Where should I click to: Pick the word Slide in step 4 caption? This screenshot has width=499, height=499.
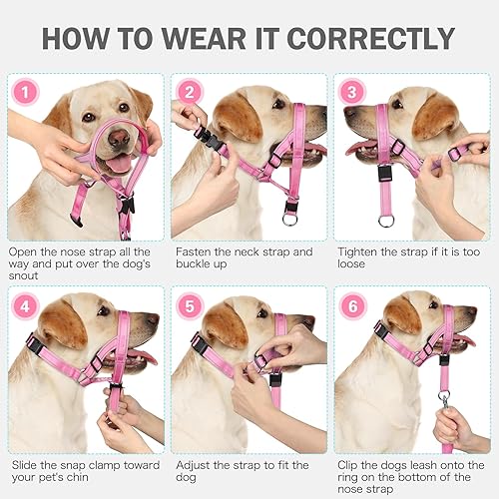click(25, 465)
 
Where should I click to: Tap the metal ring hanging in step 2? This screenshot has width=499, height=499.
click(291, 218)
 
